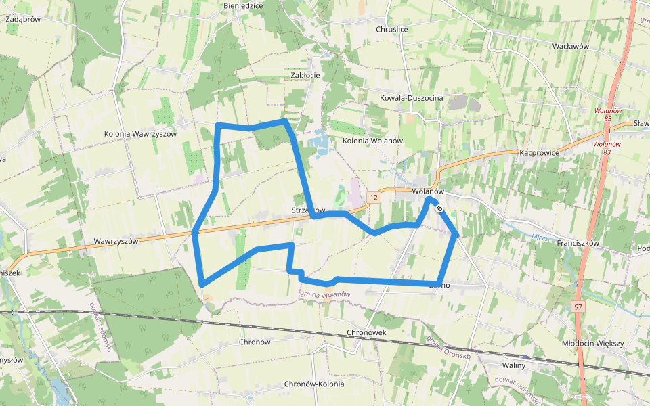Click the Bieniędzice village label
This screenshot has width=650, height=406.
242,5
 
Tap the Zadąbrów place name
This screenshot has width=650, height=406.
24,20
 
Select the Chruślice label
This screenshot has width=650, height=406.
392,30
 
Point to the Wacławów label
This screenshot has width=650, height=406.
571,47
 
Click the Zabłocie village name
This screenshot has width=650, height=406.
305,76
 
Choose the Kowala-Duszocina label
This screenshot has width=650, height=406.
412,99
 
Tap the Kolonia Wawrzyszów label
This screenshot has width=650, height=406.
140,134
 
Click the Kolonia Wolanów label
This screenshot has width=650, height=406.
372,141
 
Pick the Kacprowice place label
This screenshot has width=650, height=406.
539,153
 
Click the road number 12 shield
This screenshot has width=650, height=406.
374,198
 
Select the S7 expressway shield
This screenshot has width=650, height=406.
578,307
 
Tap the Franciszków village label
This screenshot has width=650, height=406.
578,242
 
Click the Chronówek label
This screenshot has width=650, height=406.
366,333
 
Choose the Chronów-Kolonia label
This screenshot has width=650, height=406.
314,384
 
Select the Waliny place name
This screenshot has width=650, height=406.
513,365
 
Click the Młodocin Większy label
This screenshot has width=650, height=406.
593,344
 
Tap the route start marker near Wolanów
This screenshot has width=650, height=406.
439,208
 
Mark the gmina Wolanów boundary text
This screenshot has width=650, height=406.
324,294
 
